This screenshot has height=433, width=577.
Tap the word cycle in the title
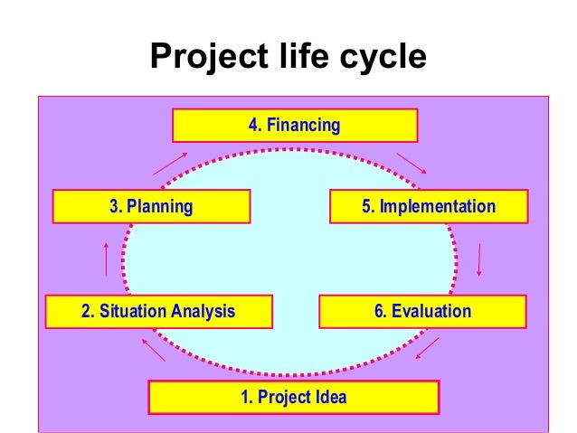pyautogui.click(x=380, y=58)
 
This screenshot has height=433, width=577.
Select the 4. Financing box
pyautogui.click(x=294, y=126)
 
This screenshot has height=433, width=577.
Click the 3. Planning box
pyautogui.click(x=151, y=206)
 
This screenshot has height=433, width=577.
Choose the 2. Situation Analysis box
pyautogui.click(x=158, y=311)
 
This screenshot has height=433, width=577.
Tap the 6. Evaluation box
pyautogui.click(x=422, y=311)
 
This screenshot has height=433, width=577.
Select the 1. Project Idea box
pyautogui.click(x=293, y=397)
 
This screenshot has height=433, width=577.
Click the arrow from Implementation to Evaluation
pyautogui.click(x=478, y=259)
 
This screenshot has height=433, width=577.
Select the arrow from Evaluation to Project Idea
pyautogui.click(x=426, y=348)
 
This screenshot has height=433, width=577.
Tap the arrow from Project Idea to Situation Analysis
pyautogui.click(x=152, y=348)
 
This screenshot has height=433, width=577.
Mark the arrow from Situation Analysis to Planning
pyautogui.click(x=107, y=259)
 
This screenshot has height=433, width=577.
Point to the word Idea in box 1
pyautogui.click(x=331, y=397)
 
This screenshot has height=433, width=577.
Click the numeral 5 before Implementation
pyautogui.click(x=366, y=206)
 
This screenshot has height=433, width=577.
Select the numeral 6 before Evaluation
pyautogui.click(x=379, y=311)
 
